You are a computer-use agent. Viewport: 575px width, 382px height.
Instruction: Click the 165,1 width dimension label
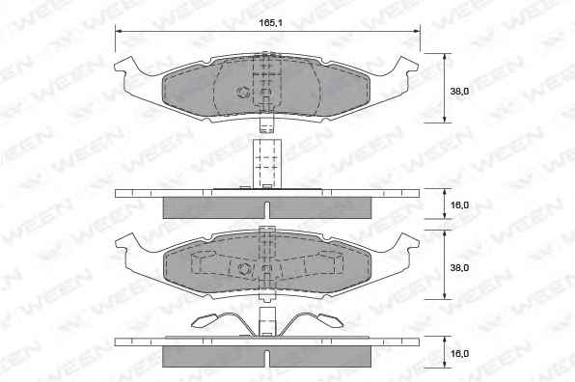coord(270,23)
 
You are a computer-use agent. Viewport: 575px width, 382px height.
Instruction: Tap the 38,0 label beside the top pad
coord(459,92)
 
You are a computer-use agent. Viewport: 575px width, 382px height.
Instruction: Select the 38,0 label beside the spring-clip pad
coord(459,267)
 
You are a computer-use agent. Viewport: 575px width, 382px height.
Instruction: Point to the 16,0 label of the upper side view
coord(459,205)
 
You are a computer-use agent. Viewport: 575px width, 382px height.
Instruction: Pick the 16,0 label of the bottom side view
coord(459,354)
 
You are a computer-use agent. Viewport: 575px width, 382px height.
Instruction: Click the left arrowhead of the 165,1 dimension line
coord(118,32)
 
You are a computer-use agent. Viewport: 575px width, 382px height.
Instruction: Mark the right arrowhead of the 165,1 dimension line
coord(417,32)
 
